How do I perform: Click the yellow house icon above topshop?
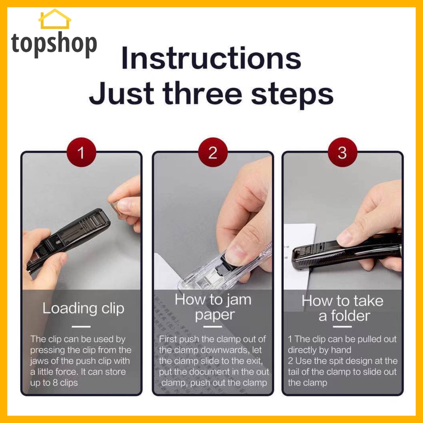click(x=55, y=19)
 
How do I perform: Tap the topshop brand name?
click(x=54, y=44)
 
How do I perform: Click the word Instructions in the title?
click(x=211, y=58)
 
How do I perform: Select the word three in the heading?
click(x=202, y=93)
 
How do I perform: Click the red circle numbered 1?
click(x=81, y=152)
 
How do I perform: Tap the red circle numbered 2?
click(x=213, y=152)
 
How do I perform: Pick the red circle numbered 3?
click(x=342, y=152)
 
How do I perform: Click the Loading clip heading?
click(x=83, y=308)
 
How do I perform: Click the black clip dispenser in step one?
click(x=69, y=238)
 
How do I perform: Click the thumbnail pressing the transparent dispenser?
click(x=235, y=254)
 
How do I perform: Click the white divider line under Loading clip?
click(x=81, y=327)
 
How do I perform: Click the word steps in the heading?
click(x=292, y=95)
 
